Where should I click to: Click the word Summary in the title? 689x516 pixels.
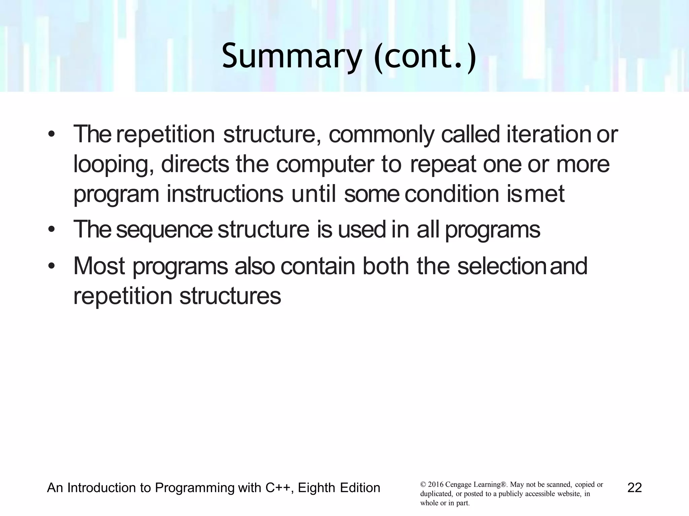pyautogui.click(x=291, y=56)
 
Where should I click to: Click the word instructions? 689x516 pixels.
pyautogui.click(x=225, y=194)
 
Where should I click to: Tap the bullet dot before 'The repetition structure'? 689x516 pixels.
pyautogui.click(x=51, y=134)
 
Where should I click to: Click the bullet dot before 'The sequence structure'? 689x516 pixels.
pyautogui.click(x=51, y=230)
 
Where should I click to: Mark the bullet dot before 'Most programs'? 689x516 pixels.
pyautogui.click(x=51, y=266)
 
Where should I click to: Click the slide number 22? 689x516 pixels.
pyautogui.click(x=634, y=488)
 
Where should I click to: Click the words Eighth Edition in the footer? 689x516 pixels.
pyautogui.click(x=339, y=488)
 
